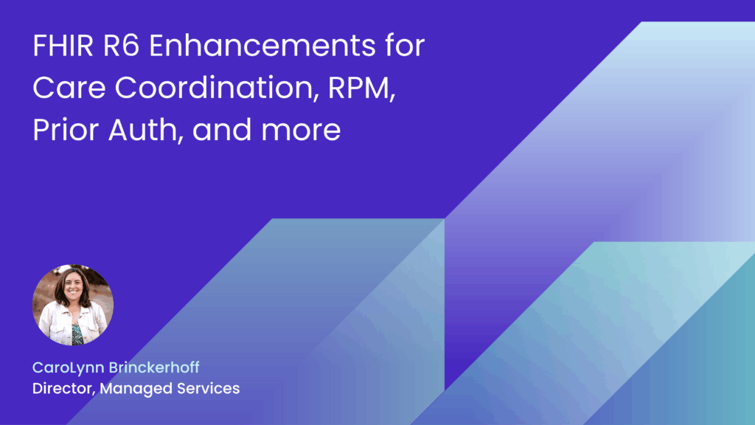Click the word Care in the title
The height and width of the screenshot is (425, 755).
(x=62, y=89)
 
